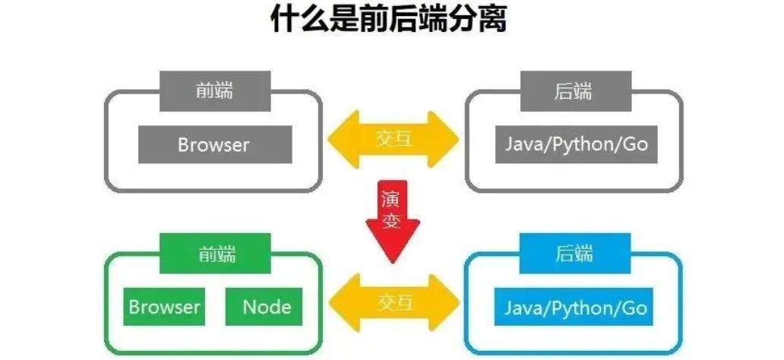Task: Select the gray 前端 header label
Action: click(x=215, y=92)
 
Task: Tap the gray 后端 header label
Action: click(x=574, y=92)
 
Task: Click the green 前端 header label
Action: click(x=215, y=254)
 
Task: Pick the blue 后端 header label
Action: click(x=574, y=254)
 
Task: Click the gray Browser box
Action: click(x=214, y=144)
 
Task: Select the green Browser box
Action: click(x=164, y=307)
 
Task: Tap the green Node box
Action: click(x=266, y=307)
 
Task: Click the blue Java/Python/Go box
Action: click(x=575, y=307)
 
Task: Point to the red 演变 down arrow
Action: click(x=393, y=220)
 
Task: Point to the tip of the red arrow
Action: click(x=393, y=259)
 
